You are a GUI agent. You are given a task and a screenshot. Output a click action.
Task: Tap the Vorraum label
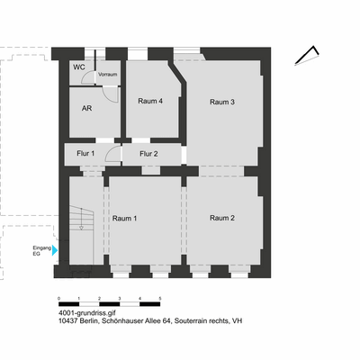tap(108, 74)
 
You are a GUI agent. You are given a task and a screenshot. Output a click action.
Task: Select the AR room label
tap(87, 108)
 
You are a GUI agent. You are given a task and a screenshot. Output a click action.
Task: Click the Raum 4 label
tap(150, 101)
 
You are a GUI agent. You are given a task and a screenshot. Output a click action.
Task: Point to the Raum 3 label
tap(222, 102)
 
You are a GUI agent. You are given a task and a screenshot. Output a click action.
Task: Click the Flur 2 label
tap(148, 154)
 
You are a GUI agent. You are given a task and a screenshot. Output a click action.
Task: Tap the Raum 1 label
tap(124, 218)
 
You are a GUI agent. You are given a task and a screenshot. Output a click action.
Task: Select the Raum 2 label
tap(222, 218)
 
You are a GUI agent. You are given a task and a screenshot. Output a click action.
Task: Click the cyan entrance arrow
tap(55, 250)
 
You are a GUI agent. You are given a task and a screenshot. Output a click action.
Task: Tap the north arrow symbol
tap(310, 53)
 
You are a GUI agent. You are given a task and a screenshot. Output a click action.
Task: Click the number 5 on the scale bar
tap(160, 297)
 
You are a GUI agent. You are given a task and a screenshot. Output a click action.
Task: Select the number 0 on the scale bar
tap(58, 297)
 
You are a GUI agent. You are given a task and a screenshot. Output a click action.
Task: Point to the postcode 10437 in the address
tap(69, 320)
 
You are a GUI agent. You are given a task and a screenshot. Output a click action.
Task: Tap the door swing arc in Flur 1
tap(112, 155)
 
